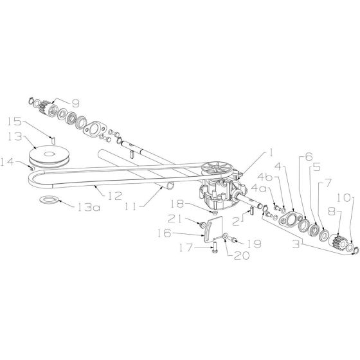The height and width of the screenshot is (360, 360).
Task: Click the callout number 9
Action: click(x=75, y=103)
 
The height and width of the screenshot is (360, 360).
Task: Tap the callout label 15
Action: click(x=14, y=122)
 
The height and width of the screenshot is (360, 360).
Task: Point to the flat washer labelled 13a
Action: click(x=49, y=199)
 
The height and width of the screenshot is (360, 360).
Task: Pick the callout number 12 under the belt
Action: click(x=115, y=196)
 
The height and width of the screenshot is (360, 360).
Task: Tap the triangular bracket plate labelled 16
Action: click(x=213, y=230)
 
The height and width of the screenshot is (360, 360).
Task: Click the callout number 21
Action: click(x=175, y=219)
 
